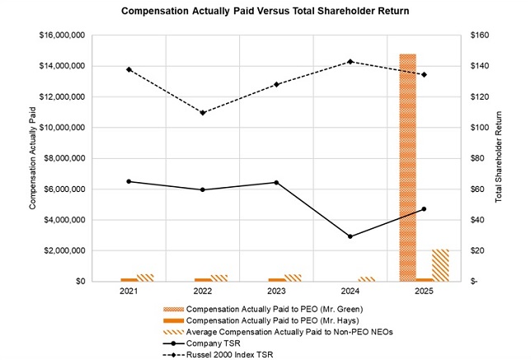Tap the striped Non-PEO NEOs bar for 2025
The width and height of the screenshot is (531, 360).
point(440,265)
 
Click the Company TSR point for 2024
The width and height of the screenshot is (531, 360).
point(350,236)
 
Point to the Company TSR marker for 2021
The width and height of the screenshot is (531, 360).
point(129,181)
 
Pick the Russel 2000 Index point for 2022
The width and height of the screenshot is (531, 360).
point(202,113)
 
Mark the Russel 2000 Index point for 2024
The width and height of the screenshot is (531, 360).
point(350,62)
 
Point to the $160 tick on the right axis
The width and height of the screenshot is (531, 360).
point(479,35)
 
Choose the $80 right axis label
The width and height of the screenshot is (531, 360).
point(477,158)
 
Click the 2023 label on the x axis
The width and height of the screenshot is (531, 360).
point(276,292)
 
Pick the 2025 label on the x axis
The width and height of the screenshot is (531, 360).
point(424,292)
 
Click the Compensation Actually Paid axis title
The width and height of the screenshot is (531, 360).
point(32,158)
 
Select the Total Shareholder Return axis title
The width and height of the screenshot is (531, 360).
point(498,158)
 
